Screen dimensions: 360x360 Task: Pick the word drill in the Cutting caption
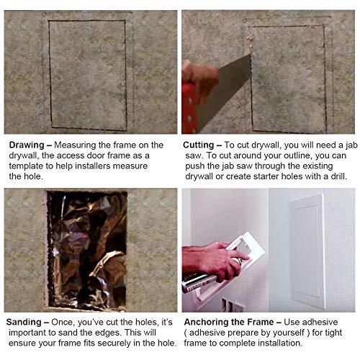[335, 176]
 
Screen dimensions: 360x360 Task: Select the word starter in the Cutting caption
[263, 176]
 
